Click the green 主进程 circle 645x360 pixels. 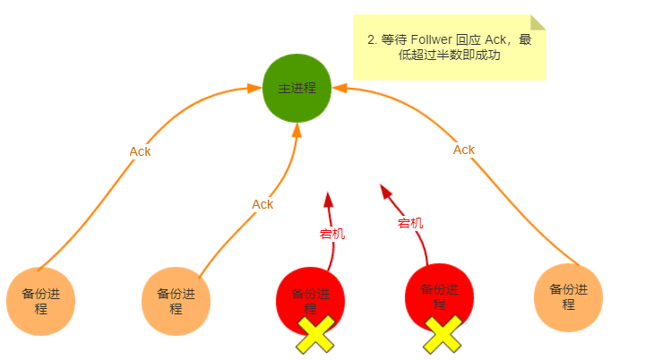pyautogui.click(x=297, y=89)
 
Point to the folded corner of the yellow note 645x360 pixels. pyautogui.click(x=537, y=22)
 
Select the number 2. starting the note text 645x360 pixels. pyautogui.click(x=373, y=40)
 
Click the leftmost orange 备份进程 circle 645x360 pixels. pyautogui.click(x=40, y=301)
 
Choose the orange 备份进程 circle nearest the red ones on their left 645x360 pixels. pyautogui.click(x=176, y=301)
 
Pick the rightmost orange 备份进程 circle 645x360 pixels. pyautogui.click(x=568, y=297)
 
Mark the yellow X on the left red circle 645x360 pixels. pyautogui.click(x=315, y=334)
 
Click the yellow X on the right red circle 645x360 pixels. pyautogui.click(x=443, y=334)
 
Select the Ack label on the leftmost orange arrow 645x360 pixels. pyautogui.click(x=140, y=151)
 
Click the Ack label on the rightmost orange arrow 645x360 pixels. pyautogui.click(x=464, y=150)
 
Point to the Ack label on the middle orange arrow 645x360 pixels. pyautogui.click(x=262, y=204)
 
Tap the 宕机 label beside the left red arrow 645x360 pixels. pyautogui.click(x=332, y=235)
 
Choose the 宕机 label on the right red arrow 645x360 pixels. pyautogui.click(x=410, y=223)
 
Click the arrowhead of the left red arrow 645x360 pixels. pyautogui.click(x=328, y=199)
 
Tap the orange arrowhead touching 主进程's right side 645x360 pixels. pyautogui.click(x=340, y=89)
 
